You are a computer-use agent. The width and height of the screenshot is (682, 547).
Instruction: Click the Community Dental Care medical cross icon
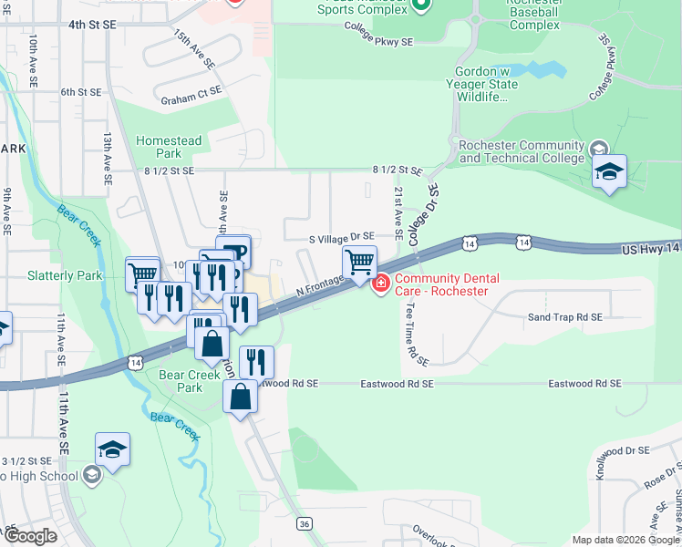(380, 284)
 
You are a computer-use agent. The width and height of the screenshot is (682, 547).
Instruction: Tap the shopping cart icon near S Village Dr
(359, 263)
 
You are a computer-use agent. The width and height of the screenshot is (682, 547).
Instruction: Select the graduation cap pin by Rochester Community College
(608, 171)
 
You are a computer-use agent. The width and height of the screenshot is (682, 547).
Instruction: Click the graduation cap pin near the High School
(112, 449)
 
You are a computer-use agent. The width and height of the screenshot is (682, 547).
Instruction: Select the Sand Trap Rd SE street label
(565, 317)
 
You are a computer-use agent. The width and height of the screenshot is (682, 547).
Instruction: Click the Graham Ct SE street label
(191, 91)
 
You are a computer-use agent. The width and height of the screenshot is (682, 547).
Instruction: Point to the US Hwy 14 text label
(651, 249)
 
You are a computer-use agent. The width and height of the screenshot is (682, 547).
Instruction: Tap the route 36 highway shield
(305, 523)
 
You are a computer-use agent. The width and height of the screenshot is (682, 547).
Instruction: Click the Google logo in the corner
(29, 536)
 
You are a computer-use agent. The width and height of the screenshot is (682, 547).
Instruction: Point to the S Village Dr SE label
(342, 236)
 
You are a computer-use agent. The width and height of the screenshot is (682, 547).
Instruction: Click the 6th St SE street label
(80, 92)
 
